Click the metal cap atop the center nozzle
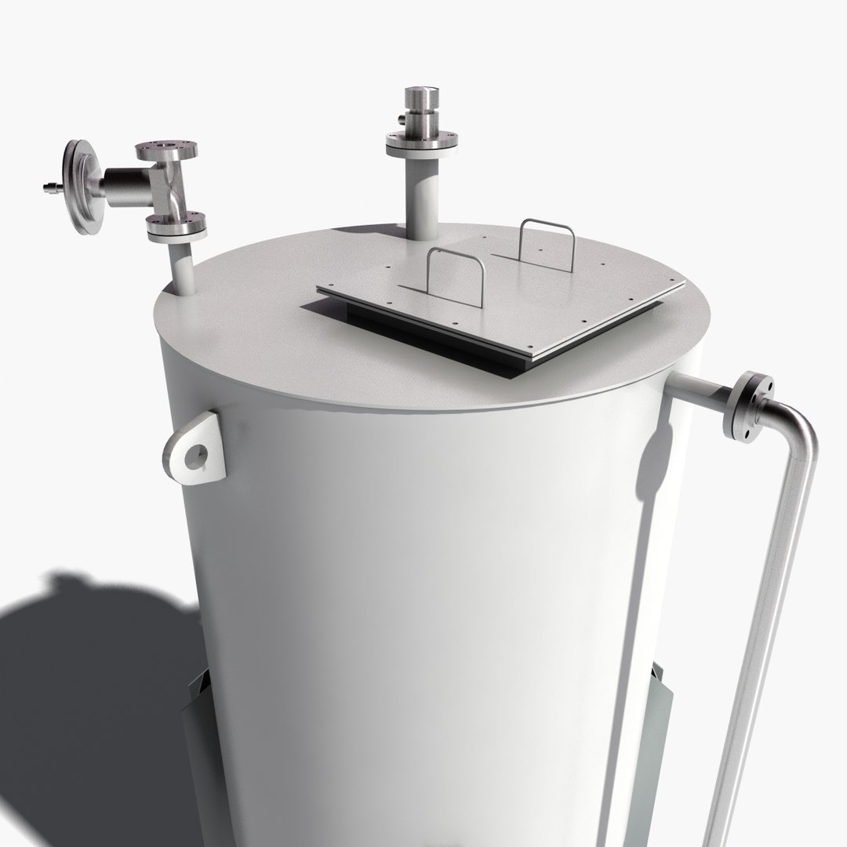coord(421,101)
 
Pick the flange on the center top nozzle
coord(421,143)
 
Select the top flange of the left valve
coord(165,150)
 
